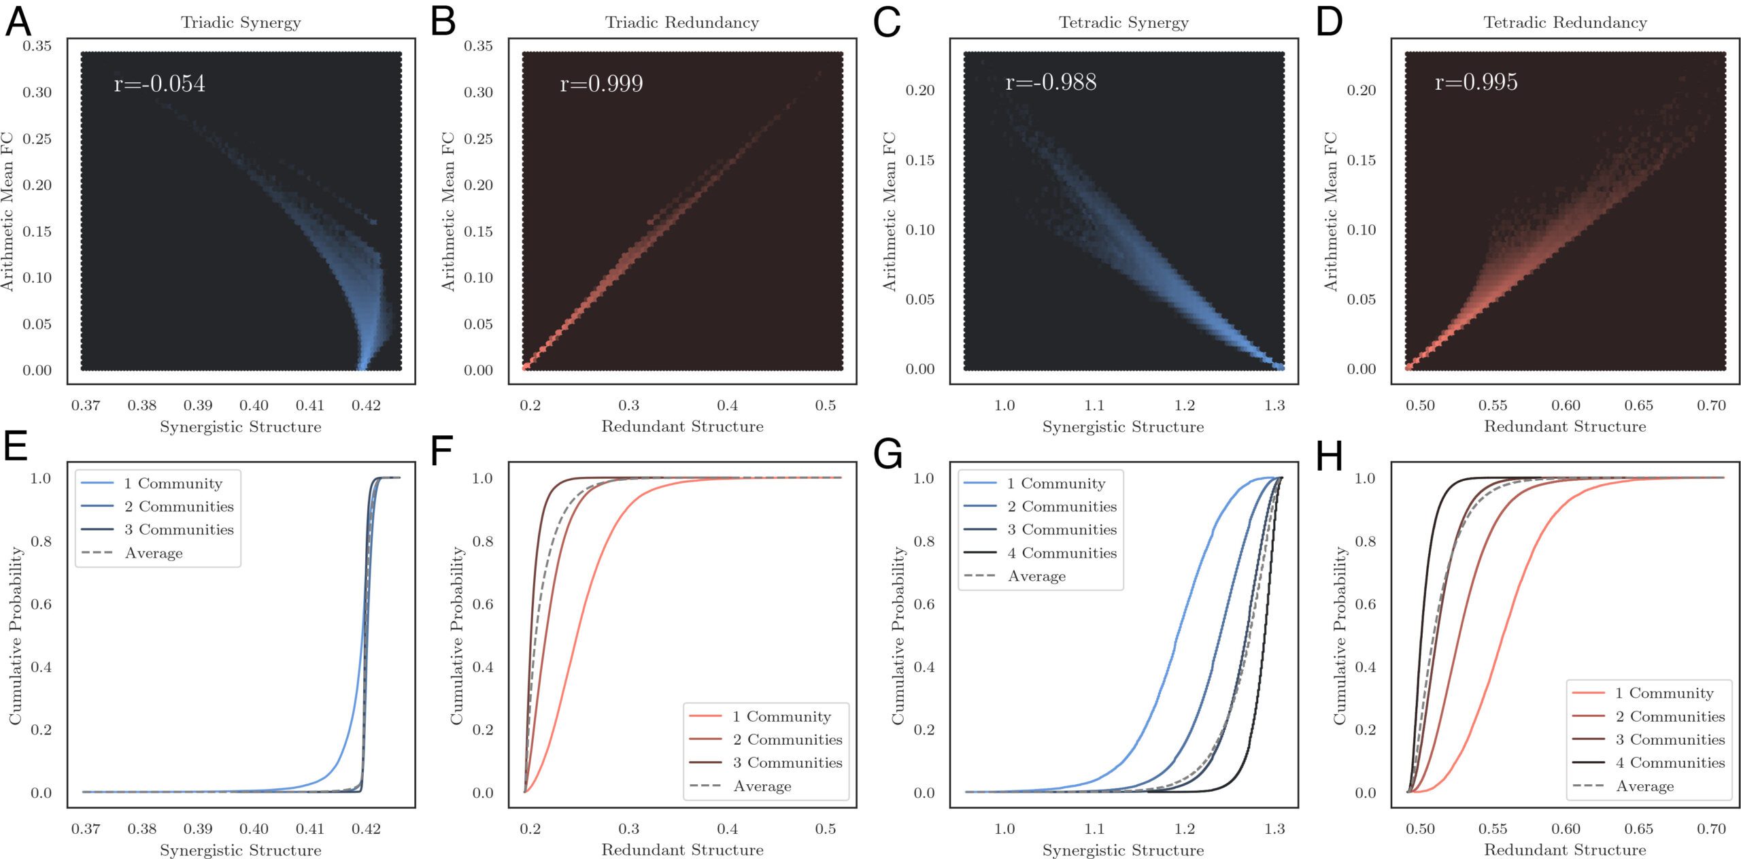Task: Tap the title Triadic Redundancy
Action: (x=681, y=22)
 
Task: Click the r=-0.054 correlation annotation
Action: (x=159, y=83)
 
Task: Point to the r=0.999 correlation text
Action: (x=601, y=83)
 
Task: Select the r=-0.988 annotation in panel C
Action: (x=1051, y=82)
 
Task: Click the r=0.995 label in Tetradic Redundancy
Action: (x=1476, y=82)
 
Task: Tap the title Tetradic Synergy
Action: (x=1123, y=22)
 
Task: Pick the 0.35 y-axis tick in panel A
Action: (x=37, y=46)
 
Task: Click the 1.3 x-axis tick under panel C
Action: (x=1274, y=405)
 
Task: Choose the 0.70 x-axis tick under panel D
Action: (x=1711, y=405)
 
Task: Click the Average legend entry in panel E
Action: (x=154, y=553)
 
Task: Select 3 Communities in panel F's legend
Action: (x=787, y=762)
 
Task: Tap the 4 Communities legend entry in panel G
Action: (x=1062, y=553)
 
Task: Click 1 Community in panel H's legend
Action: (x=1664, y=693)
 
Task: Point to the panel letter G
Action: (x=888, y=454)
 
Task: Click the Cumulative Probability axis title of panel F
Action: (x=457, y=635)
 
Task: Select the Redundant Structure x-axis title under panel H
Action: (x=1565, y=849)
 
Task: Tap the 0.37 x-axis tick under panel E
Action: (x=86, y=828)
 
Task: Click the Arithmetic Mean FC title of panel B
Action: (x=448, y=212)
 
